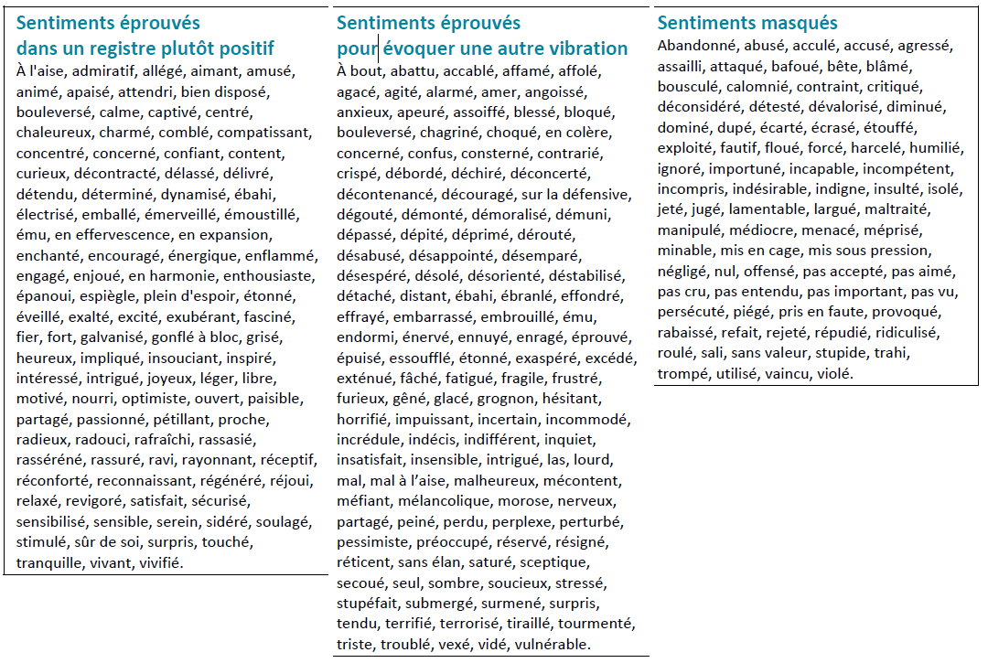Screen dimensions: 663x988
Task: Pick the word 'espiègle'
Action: pyautogui.click(x=108, y=296)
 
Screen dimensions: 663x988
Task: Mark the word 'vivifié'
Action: pyautogui.click(x=160, y=562)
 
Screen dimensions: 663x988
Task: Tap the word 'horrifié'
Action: pyautogui.click(x=363, y=419)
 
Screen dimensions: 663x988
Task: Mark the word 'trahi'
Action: pyautogui.click(x=891, y=353)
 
